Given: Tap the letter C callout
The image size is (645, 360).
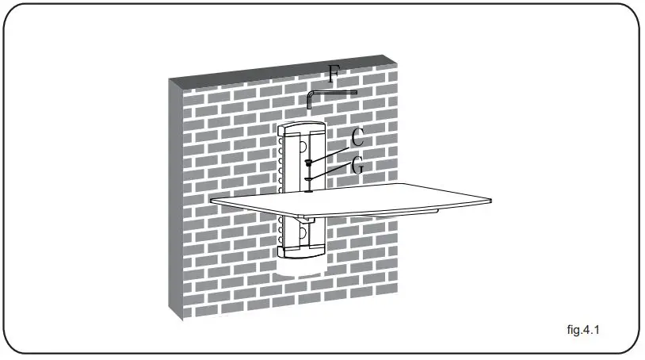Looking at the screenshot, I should [x=357, y=136].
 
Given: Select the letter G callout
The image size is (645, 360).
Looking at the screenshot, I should [x=357, y=167].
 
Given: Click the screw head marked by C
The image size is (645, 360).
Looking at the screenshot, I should [x=307, y=163].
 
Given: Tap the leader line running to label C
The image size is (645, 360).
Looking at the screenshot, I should [x=331, y=152].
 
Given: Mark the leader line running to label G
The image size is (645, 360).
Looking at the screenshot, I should [x=331, y=175].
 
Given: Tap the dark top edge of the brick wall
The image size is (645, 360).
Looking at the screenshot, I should [x=285, y=68].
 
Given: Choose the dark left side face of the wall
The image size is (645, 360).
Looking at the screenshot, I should [x=175, y=198].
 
